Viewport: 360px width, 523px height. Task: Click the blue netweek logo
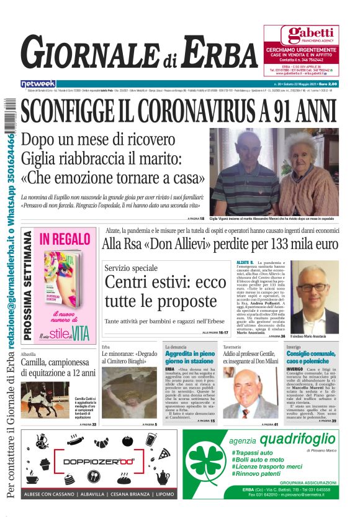click(38, 83)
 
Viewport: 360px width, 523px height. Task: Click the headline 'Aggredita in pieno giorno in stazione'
click(190, 357)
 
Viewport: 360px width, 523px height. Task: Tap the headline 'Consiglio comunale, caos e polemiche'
click(312, 357)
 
